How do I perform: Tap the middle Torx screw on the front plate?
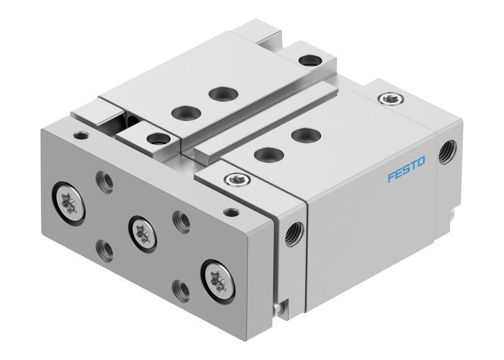point(142,231)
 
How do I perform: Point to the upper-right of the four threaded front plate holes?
point(181,220)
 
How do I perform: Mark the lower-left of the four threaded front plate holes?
point(107,249)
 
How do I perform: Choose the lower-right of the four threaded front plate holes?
point(181,289)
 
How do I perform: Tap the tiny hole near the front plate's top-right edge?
point(230,212)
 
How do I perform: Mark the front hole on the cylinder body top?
point(267,153)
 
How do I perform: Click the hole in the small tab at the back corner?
point(310,61)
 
